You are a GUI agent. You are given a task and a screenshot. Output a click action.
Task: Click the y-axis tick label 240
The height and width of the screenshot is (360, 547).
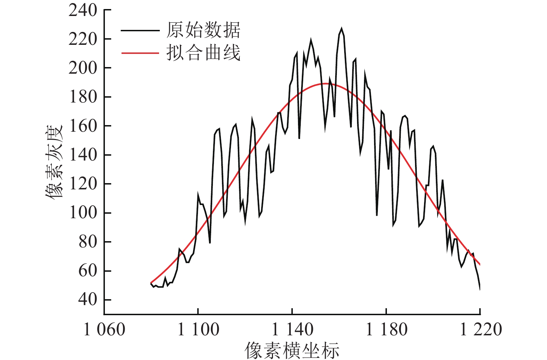[x=83, y=10]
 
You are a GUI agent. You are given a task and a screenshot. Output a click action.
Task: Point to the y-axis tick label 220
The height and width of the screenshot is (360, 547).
[x=83, y=39]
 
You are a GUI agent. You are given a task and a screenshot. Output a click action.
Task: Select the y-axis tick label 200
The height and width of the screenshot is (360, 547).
[x=83, y=68]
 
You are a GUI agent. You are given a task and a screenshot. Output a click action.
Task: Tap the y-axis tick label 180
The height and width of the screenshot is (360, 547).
[x=83, y=97]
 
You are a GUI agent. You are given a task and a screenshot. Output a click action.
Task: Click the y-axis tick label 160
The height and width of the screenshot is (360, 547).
[x=83, y=126]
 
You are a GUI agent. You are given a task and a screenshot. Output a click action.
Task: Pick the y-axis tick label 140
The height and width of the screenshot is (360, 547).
[x=83, y=155]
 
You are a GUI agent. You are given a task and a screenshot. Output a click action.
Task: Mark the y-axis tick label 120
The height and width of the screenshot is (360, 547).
[x=83, y=184]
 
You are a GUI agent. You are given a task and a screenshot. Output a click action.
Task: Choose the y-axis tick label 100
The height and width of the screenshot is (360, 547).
[x=83, y=213]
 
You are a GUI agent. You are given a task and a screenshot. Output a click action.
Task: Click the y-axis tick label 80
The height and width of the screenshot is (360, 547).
[x=88, y=242]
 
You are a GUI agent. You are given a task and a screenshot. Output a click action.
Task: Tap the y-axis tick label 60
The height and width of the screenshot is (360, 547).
[x=88, y=271]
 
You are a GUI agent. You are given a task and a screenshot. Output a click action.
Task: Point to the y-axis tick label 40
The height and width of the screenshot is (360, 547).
[x=88, y=300]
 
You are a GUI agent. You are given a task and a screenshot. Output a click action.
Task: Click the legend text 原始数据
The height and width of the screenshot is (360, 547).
[x=203, y=30]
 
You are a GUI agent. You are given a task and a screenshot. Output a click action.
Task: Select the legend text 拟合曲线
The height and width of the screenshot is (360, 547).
[x=203, y=53]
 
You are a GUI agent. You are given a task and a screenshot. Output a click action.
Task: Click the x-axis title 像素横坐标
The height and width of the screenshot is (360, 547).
[x=292, y=350]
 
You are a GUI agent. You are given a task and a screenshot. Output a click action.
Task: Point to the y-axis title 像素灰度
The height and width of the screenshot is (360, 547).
[x=54, y=162]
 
